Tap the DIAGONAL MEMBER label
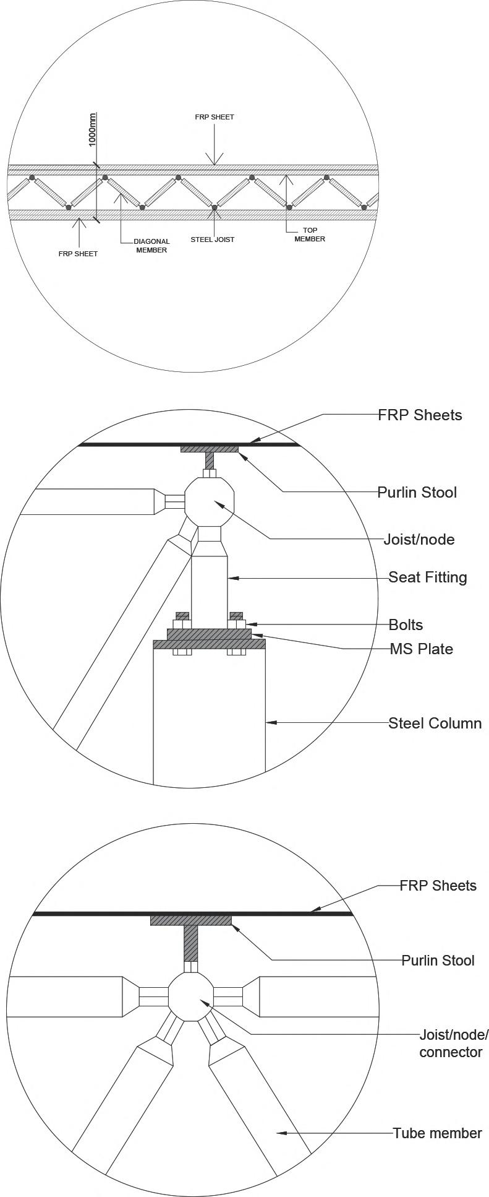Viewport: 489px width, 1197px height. (x=151, y=246)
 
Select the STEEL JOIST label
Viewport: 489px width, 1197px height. (x=212, y=240)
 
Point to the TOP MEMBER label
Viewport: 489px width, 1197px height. (x=310, y=235)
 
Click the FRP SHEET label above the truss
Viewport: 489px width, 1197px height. (x=215, y=117)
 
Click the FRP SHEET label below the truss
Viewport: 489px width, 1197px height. (x=78, y=254)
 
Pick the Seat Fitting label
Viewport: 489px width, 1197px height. (x=427, y=577)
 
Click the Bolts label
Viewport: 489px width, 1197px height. (x=406, y=624)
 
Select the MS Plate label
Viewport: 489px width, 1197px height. (x=421, y=649)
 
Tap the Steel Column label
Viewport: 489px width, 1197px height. (x=435, y=723)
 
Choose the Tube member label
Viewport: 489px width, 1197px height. (x=437, y=1133)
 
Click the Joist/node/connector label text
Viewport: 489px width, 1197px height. (x=453, y=1043)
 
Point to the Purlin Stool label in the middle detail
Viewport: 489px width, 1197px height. (x=417, y=492)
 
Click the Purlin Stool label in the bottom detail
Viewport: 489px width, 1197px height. (x=438, y=960)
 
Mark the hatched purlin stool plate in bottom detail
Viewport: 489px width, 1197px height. (x=191, y=920)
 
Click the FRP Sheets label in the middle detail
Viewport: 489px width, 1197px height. (x=420, y=415)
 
